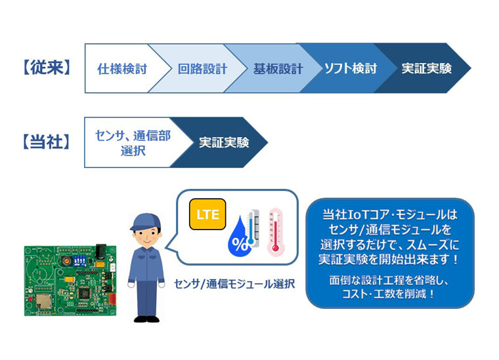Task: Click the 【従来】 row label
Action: tap(47, 68)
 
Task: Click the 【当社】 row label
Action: tap(47, 142)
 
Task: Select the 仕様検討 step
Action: tap(122, 69)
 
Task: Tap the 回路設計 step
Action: tap(202, 69)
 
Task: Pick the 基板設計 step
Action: tap(278, 69)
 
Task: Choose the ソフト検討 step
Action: tap(351, 68)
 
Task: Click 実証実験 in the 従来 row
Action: tap(426, 68)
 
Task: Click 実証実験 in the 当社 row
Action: tap(224, 142)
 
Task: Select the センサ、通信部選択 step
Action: tap(133, 143)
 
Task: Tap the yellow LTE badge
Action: tap(207, 214)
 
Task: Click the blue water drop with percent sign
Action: tap(239, 237)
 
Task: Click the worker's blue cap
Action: tap(146, 222)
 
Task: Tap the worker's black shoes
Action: tap(146, 319)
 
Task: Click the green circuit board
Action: tap(70, 280)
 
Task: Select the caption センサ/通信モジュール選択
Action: tap(234, 284)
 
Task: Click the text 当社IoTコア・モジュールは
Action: tap(389, 214)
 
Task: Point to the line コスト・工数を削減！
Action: tap(389, 294)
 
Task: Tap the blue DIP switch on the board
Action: tap(79, 260)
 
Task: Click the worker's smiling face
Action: tap(146, 237)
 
